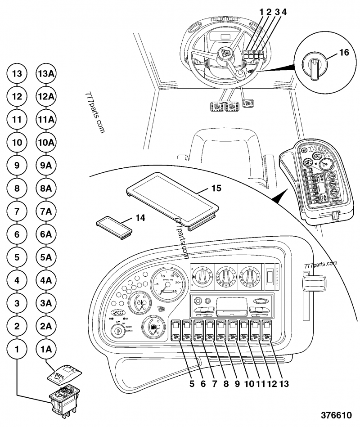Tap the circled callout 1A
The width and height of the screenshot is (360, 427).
pos(45,349)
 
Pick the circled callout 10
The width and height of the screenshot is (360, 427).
pos(17,142)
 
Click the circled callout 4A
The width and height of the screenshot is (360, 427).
pos(45,280)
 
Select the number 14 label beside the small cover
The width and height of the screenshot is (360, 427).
pos(140,218)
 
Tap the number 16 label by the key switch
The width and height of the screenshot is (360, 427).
pos(343,53)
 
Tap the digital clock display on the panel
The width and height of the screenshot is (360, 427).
pos(119,314)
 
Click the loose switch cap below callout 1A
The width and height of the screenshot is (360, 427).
pos(64,373)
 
